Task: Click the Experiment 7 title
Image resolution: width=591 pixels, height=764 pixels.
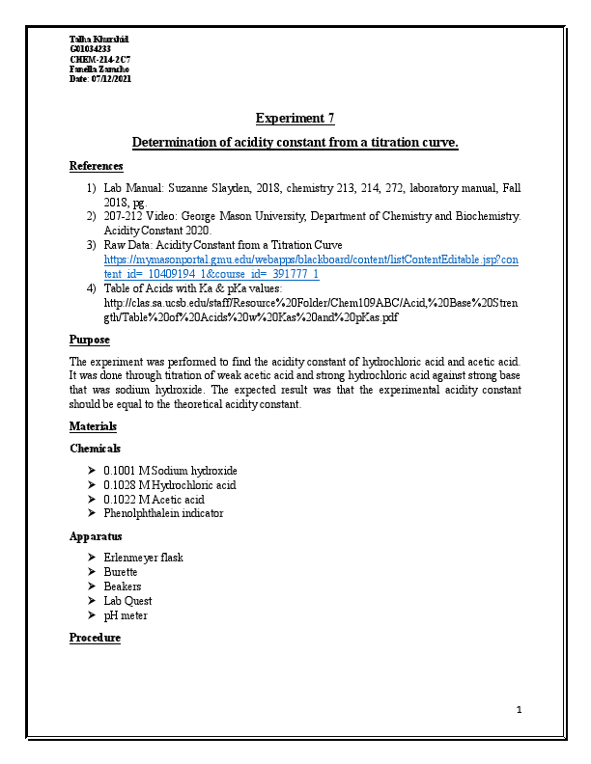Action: [295, 119]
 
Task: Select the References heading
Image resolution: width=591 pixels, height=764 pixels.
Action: [96, 166]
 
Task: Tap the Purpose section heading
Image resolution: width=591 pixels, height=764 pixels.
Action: [89, 341]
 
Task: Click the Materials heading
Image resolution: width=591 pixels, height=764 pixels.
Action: [93, 426]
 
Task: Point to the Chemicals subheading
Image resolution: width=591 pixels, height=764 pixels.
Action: [95, 449]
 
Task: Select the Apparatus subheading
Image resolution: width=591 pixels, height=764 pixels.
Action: [95, 535]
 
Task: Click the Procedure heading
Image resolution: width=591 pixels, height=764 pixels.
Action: [95, 638]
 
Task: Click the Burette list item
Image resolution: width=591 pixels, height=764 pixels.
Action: [121, 572]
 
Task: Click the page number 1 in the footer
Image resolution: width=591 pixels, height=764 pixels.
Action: [519, 711]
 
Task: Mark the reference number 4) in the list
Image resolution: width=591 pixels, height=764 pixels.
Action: [91, 288]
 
